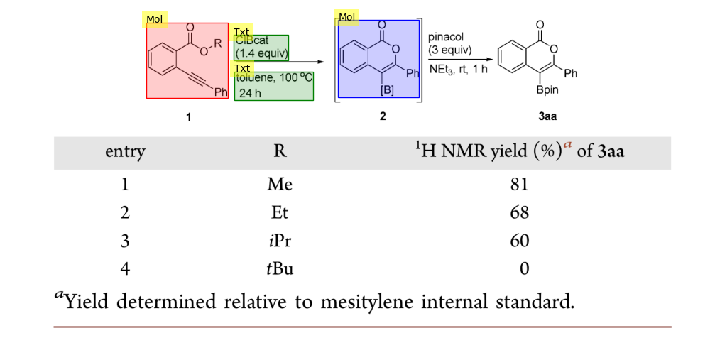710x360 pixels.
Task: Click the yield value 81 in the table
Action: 519,185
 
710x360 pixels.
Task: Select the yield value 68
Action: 519,212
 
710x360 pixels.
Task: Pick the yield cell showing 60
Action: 519,241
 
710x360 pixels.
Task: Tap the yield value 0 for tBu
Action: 524,268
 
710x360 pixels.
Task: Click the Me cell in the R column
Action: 280,185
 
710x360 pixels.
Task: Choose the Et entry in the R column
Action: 280,212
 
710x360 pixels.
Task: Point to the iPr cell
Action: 280,241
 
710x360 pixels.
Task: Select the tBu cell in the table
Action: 280,268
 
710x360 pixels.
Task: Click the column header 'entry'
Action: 125,151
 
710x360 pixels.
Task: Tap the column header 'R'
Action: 280,151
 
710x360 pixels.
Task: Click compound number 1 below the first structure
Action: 188,116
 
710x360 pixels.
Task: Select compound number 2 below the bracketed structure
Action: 383,116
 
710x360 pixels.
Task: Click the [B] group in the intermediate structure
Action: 388,90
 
